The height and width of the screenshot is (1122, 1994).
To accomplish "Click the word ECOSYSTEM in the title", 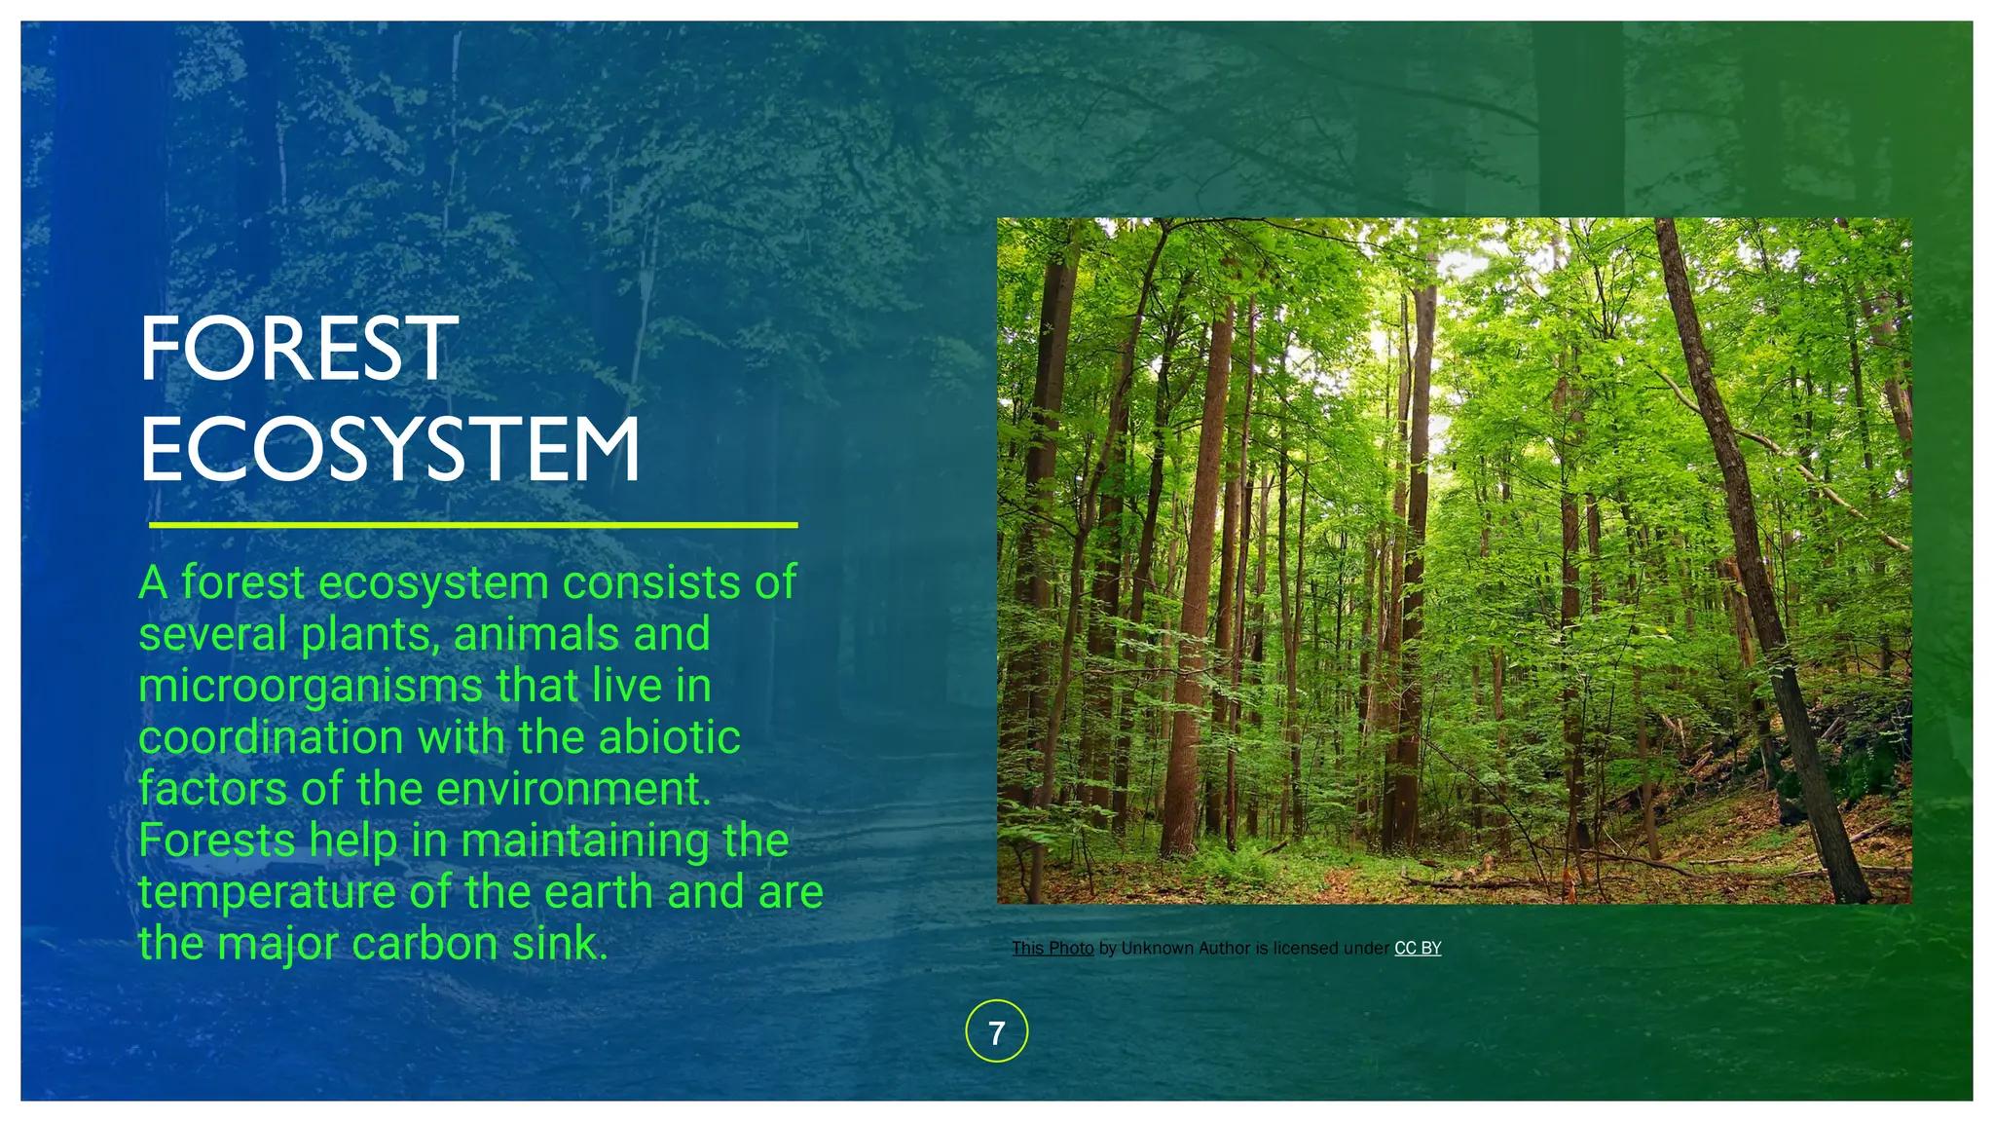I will point(390,449).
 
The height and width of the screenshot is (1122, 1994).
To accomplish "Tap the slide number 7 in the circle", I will point(996,1031).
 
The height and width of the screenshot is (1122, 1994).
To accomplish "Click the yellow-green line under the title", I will point(473,525).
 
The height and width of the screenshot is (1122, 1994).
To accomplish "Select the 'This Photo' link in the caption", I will point(1052,948).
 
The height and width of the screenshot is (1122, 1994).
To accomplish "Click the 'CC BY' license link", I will point(1418,948).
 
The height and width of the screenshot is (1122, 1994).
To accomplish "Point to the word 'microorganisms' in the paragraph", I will point(310,686).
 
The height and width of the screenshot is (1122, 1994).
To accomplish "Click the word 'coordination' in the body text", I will point(270,737).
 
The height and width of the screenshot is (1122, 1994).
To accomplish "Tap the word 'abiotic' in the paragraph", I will point(669,737).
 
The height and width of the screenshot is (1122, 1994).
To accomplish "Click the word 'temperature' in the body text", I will point(266,892).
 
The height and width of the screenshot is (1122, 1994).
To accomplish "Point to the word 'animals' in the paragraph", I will point(535,634).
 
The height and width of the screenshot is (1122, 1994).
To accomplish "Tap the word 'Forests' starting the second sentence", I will point(216,841).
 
